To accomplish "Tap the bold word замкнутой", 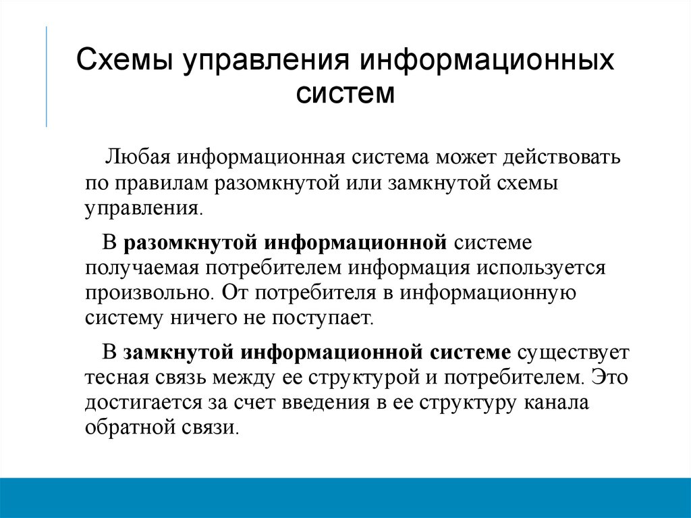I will [x=177, y=352].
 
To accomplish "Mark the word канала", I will [x=558, y=403].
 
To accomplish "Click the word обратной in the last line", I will [x=128, y=428].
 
